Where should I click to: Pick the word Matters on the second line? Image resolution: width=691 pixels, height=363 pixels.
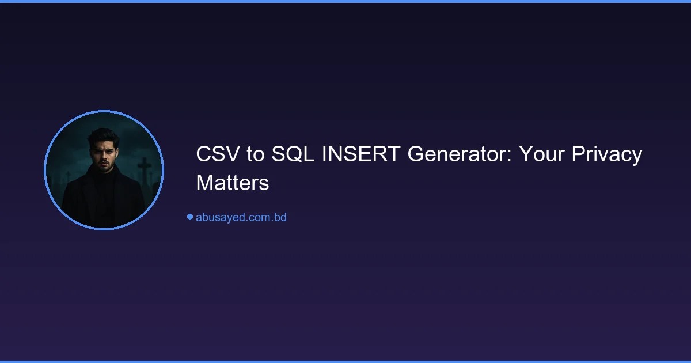point(233,183)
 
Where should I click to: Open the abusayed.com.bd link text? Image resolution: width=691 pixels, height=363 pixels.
point(241,217)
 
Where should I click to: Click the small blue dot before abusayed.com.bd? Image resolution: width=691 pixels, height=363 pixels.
point(189,217)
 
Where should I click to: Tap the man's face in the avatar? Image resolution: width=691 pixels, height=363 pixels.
point(103,154)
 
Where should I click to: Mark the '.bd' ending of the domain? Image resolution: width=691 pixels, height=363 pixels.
point(279,217)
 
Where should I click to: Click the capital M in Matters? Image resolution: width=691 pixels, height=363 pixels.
point(204,183)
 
